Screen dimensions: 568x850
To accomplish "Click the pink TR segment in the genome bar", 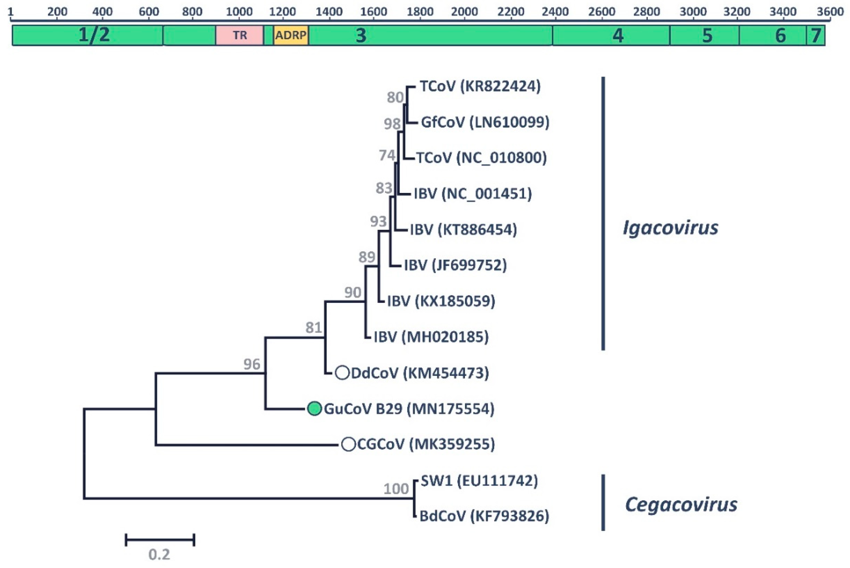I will click(x=239, y=35).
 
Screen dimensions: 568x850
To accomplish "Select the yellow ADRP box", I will click(x=291, y=35).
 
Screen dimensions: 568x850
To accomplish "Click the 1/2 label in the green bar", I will click(x=94, y=35).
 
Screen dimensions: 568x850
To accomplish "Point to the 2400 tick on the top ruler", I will click(x=555, y=12).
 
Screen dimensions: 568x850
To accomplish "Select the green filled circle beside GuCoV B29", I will click(x=314, y=409).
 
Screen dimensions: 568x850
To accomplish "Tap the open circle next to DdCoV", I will click(x=342, y=373).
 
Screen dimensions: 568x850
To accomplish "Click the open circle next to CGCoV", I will click(x=348, y=444).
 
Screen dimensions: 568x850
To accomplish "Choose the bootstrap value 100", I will click(x=396, y=489).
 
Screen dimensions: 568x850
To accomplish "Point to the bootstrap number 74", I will click(x=387, y=155).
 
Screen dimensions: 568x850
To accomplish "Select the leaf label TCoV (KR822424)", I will click(x=480, y=86).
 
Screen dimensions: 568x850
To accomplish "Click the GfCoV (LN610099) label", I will click(x=485, y=122).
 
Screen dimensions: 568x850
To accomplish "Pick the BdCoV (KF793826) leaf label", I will click(x=484, y=516).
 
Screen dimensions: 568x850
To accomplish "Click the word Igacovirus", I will click(x=670, y=228).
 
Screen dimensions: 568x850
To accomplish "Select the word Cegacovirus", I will click(x=681, y=504).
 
